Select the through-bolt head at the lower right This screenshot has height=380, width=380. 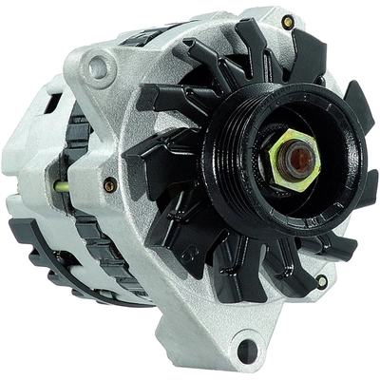tap(322, 280)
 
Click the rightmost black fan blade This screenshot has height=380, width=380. tap(358, 105)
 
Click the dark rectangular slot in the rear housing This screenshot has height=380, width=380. tap(48, 104)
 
